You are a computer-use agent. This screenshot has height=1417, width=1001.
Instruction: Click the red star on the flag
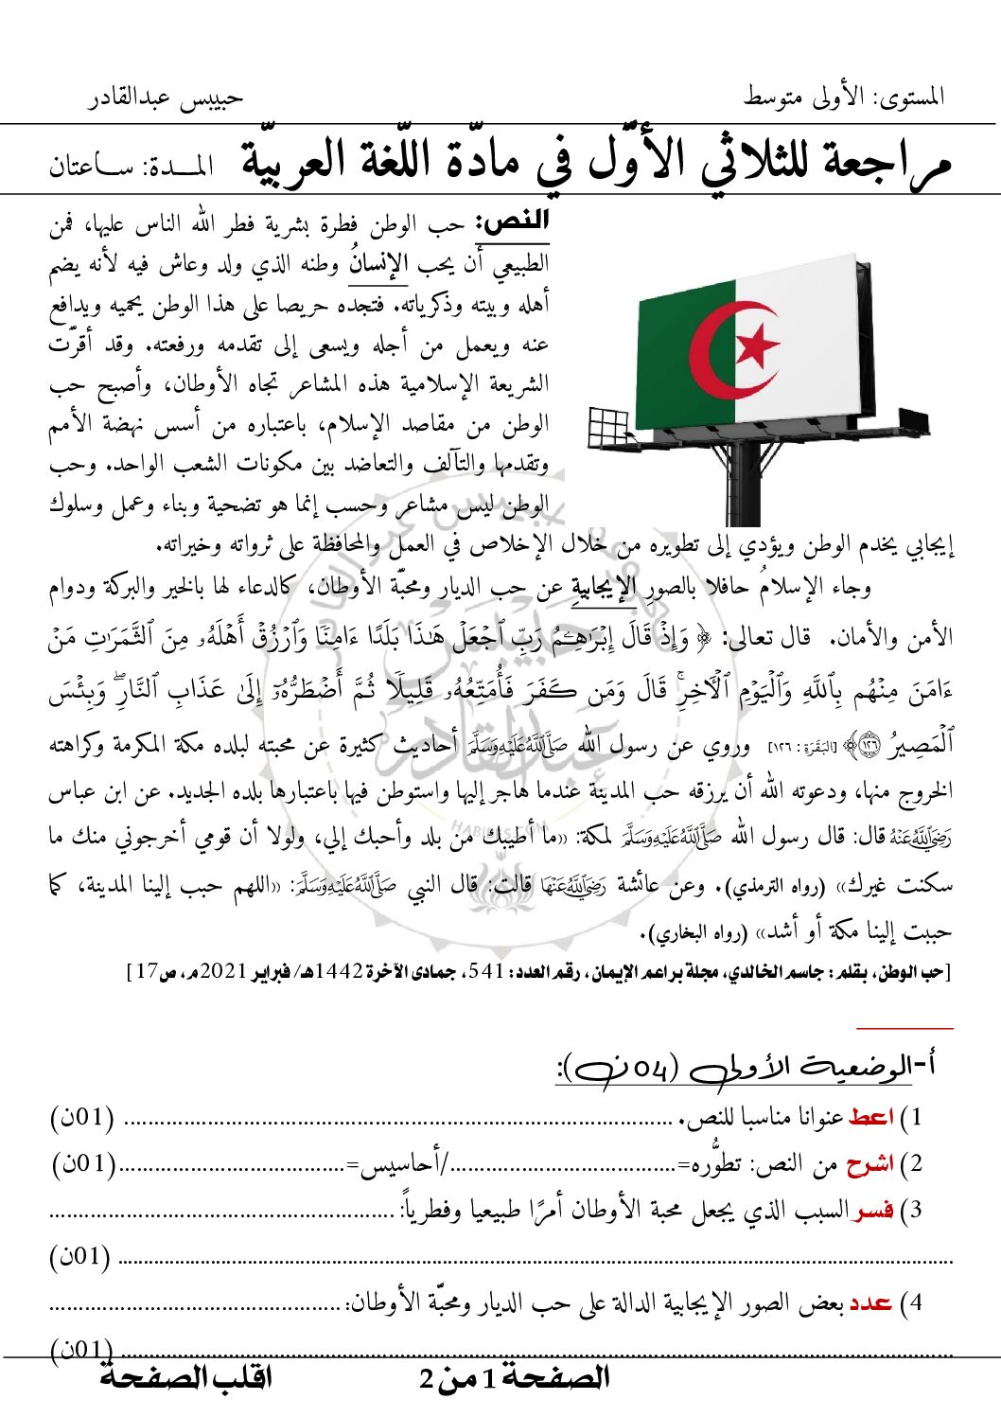pyautogui.click(x=756, y=346)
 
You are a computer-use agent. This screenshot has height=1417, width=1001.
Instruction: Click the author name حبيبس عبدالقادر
pyautogui.click(x=166, y=97)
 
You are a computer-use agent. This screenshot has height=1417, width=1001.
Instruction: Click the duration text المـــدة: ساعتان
pyautogui.click(x=131, y=168)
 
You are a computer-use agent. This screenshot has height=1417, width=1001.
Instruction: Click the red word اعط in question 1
pyautogui.click(x=870, y=1117)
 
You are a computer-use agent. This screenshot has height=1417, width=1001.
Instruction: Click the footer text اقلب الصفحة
pyautogui.click(x=185, y=1377)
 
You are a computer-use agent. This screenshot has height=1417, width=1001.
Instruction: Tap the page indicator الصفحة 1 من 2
pyautogui.click(x=514, y=1378)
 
